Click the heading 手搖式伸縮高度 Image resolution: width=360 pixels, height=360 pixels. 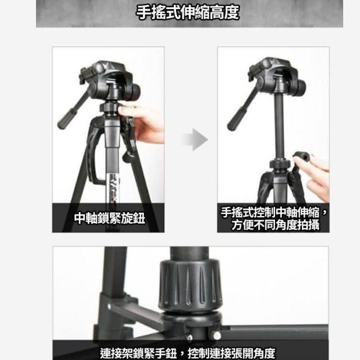click(x=188, y=12)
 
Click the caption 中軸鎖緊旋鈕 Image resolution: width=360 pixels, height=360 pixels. click(x=110, y=218)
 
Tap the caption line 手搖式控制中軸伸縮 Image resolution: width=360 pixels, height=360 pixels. click(x=270, y=213)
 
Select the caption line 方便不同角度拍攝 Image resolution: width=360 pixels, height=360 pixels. click(x=275, y=224)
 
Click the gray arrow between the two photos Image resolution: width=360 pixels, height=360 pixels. click(x=196, y=139)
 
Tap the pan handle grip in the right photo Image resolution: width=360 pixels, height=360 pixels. click(x=236, y=119)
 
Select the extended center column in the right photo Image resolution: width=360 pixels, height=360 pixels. click(x=280, y=126)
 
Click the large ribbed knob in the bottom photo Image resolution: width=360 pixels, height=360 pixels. click(x=191, y=285)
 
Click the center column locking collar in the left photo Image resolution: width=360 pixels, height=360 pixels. click(x=110, y=107)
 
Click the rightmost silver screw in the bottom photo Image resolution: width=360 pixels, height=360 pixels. click(x=216, y=336)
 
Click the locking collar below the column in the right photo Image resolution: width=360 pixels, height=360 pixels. click(x=280, y=164)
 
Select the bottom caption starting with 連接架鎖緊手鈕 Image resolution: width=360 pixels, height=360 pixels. click(x=187, y=353)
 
